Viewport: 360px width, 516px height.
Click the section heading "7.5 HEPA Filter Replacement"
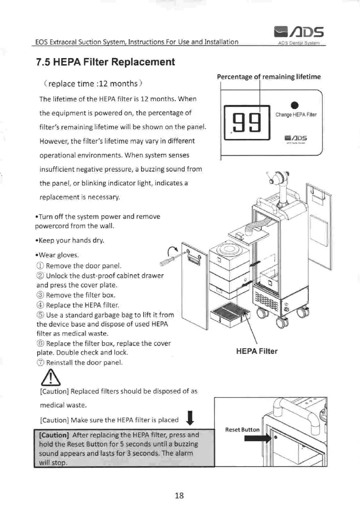click(x=106, y=62)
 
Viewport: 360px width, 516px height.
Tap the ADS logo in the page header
click(x=298, y=31)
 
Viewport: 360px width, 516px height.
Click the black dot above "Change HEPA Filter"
click(x=295, y=105)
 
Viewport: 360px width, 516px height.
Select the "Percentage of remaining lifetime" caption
click(x=269, y=77)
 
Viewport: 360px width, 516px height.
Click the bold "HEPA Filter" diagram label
click(x=256, y=351)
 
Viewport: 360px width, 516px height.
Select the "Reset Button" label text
click(x=242, y=430)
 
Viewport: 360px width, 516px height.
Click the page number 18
click(x=179, y=495)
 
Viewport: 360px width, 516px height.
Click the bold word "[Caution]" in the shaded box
click(x=55, y=435)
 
